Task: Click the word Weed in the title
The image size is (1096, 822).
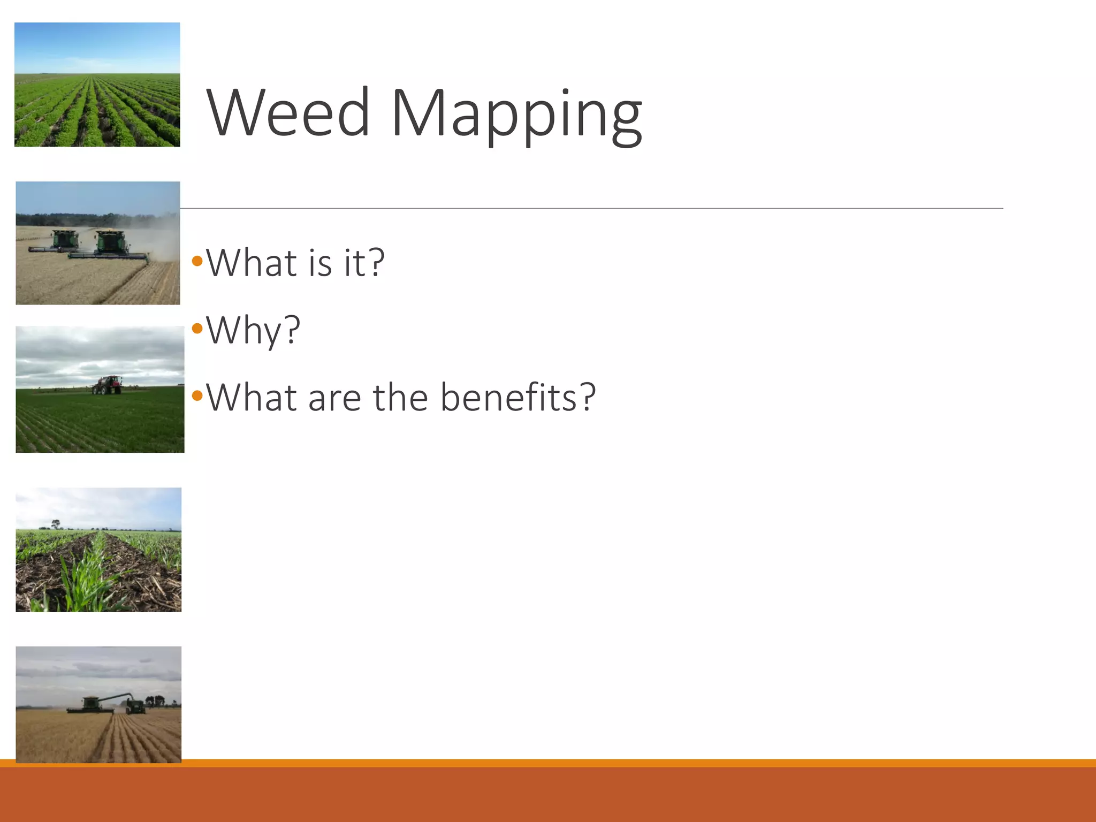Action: [287, 113]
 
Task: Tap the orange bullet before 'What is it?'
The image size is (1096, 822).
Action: [197, 262]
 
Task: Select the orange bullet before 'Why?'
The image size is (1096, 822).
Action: [197, 329]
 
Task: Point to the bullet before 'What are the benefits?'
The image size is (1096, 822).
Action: [197, 396]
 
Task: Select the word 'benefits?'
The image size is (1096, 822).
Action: [517, 397]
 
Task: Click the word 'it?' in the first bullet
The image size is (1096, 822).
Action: [364, 263]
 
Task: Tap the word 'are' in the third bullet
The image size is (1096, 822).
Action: [334, 398]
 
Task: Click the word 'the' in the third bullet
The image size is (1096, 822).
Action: [400, 397]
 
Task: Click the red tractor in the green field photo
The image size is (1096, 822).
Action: [107, 385]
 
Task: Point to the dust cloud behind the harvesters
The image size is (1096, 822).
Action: [164, 235]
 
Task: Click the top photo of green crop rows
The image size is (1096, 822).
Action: [97, 85]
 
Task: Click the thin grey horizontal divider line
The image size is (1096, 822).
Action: [589, 208]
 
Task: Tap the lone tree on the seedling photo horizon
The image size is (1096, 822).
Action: [55, 523]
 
